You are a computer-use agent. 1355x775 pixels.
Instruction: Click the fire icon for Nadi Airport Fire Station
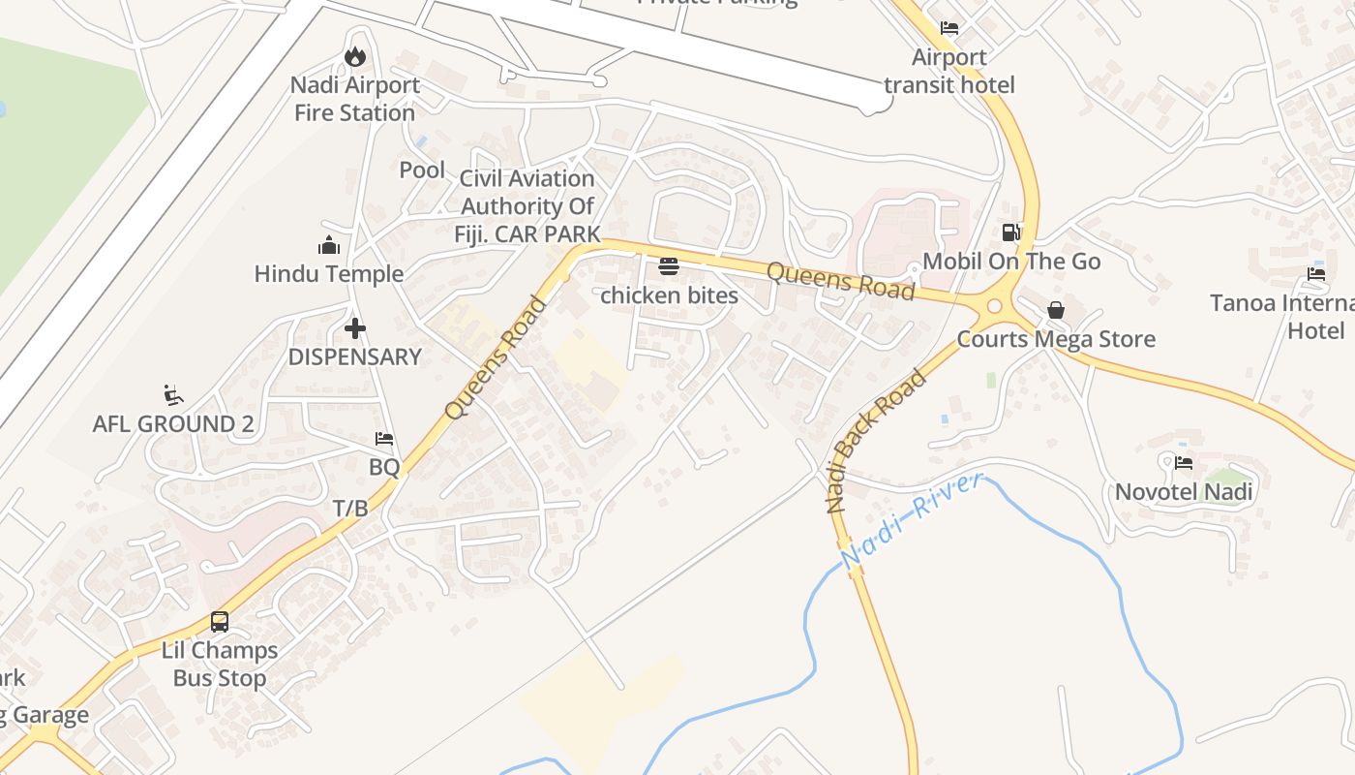pyautogui.click(x=355, y=57)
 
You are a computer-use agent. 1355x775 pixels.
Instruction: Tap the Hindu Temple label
pyautogui.click(x=329, y=274)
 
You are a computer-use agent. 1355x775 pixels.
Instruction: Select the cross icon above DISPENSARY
pyautogui.click(x=355, y=328)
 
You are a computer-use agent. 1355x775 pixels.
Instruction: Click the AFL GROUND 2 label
pyautogui.click(x=165, y=424)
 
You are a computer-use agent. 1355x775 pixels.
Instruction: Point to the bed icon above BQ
pyautogui.click(x=384, y=439)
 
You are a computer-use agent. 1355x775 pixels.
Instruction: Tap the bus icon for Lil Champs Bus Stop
pyautogui.click(x=220, y=622)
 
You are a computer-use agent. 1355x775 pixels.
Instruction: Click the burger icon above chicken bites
pyautogui.click(x=669, y=266)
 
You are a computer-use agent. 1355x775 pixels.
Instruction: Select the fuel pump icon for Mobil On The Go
pyautogui.click(x=1010, y=232)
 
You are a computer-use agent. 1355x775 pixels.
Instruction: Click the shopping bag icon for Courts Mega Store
pyautogui.click(x=1056, y=310)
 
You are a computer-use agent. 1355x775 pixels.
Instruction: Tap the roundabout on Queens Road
pyautogui.click(x=994, y=308)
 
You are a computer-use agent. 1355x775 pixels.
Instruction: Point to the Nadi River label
pyautogui.click(x=912, y=520)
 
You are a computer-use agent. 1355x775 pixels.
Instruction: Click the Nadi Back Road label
pyautogui.click(x=876, y=441)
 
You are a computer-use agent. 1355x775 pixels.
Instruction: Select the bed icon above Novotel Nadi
pyautogui.click(x=1184, y=463)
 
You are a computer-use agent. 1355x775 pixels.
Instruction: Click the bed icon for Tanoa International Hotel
pyautogui.click(x=1316, y=274)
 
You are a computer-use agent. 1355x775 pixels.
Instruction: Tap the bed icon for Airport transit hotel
pyautogui.click(x=949, y=28)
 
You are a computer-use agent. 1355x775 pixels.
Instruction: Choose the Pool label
pyautogui.click(x=422, y=170)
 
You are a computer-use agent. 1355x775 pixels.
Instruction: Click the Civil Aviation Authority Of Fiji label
pyautogui.click(x=527, y=206)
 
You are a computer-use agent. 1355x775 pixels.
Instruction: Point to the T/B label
pyautogui.click(x=350, y=509)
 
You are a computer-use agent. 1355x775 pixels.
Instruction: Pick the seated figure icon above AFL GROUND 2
pyautogui.click(x=174, y=395)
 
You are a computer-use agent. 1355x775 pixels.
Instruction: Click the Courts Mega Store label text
pyautogui.click(x=1056, y=339)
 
